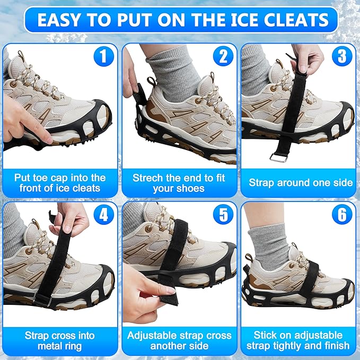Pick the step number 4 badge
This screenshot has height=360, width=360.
tap(103, 215)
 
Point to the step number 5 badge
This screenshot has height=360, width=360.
tap(223, 215)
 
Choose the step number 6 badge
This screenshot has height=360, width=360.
tap(343, 215)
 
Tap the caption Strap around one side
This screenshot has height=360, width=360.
tap(301, 182)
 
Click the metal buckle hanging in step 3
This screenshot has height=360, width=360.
tap(277, 156)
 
